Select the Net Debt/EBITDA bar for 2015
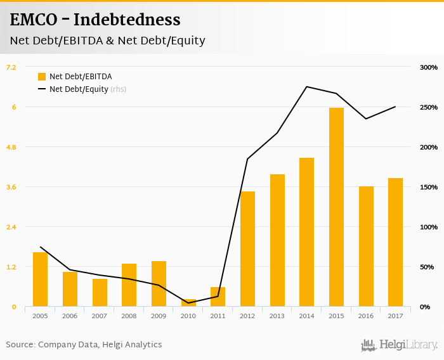point(336,207)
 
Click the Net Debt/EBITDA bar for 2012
point(247,249)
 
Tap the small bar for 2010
point(188,303)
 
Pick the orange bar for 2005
point(41,280)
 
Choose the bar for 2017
point(395,242)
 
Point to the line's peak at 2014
point(306,87)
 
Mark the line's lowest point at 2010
point(188,303)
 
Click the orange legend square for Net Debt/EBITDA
point(42,77)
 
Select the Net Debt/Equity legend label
point(79,89)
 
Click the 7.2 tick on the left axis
point(11,67)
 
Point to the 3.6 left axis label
point(11,187)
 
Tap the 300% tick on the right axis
point(429,67)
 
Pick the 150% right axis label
point(429,187)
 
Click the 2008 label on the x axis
point(129,316)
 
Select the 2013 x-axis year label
point(277,316)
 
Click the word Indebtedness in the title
point(127,20)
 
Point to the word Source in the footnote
point(20,345)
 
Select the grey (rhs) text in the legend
point(119,89)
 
